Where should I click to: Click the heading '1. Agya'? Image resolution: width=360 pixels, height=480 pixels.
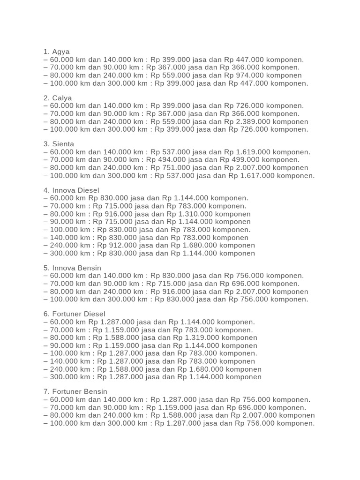tap(56, 52)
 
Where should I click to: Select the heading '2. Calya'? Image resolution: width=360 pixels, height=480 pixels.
tap(58, 98)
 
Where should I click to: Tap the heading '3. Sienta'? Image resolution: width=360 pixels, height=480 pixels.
tap(59, 144)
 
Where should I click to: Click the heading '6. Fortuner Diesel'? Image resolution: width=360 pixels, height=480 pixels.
tap(75, 314)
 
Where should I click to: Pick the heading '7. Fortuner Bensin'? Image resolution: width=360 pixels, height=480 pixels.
tap(75, 391)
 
